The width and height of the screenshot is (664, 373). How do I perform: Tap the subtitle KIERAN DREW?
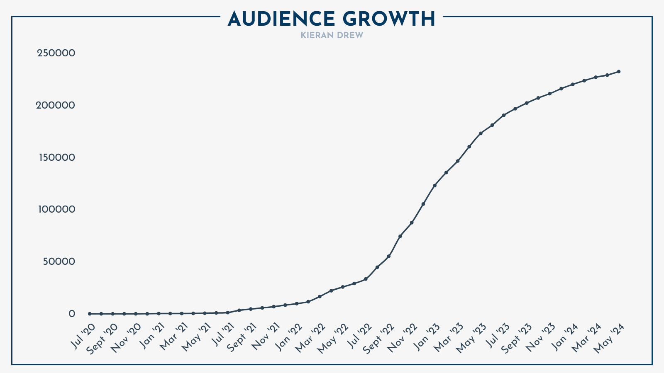(332, 36)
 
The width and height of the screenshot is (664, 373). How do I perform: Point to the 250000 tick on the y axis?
(56, 53)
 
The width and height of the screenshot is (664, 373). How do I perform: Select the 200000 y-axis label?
(56, 105)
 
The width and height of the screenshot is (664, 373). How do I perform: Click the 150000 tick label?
(56, 157)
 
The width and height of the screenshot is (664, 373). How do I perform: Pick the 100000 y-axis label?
(56, 209)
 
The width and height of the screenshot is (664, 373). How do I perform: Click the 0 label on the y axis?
(72, 314)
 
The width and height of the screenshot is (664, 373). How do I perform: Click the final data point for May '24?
(618, 72)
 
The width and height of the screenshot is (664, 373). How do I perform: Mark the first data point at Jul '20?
(90, 314)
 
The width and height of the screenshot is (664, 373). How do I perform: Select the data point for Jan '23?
(435, 185)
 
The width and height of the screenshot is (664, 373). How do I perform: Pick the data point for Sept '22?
(388, 256)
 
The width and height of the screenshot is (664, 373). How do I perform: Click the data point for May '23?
(481, 133)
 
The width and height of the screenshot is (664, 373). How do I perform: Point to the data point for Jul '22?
(366, 279)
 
